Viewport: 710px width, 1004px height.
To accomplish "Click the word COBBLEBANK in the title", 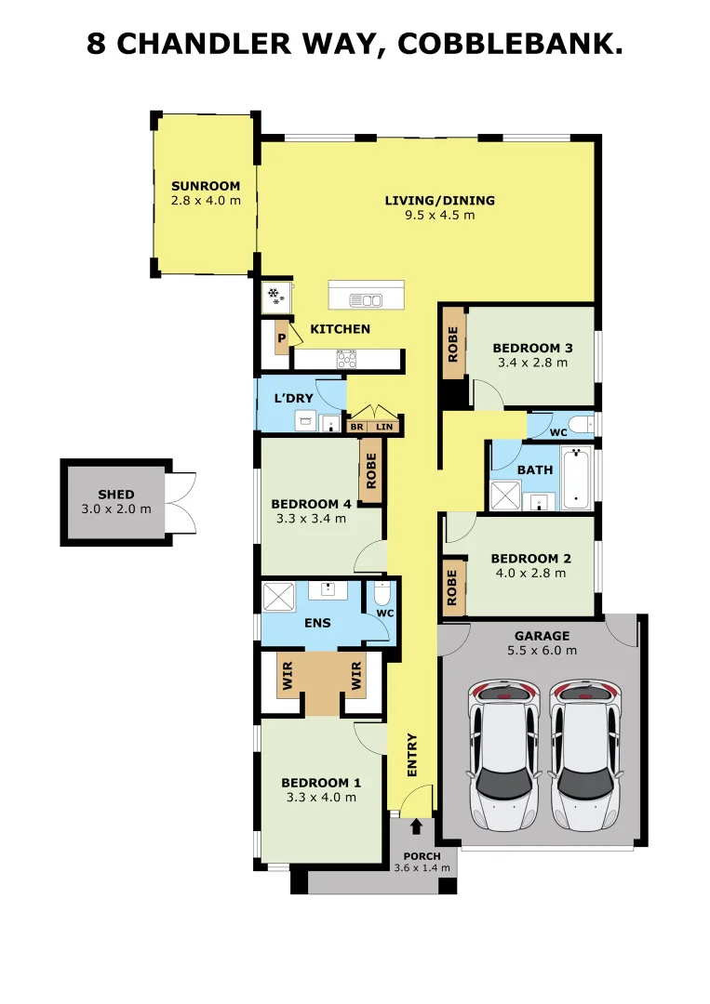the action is [510, 45].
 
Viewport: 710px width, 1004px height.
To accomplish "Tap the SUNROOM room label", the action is [206, 186].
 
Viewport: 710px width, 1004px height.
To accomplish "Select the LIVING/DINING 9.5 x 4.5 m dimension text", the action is [439, 215].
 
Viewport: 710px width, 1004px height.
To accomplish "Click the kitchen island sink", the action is [366, 299].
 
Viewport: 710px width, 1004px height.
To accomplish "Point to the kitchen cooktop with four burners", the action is [347, 359].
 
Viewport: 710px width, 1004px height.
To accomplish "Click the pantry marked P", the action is [282, 338].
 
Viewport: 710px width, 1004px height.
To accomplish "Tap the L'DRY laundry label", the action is [293, 398].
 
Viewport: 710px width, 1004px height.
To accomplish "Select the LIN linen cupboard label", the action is [384, 427].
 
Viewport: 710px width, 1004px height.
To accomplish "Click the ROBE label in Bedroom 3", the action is [453, 345].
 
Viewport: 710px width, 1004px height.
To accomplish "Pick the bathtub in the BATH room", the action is [575, 479].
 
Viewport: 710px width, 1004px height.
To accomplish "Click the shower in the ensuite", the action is [279, 597].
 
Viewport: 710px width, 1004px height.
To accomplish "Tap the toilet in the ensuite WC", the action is [382, 594].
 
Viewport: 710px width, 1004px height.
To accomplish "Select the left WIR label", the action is [288, 676].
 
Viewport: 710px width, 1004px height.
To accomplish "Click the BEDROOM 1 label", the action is [321, 783].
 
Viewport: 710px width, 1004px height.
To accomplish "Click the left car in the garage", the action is [503, 756].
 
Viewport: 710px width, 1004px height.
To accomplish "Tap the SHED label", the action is [116, 495].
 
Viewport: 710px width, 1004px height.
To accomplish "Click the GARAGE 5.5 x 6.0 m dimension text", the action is [543, 651].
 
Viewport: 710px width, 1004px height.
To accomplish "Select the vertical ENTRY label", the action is [412, 756].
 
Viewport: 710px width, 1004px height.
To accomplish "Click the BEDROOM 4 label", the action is [311, 504].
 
